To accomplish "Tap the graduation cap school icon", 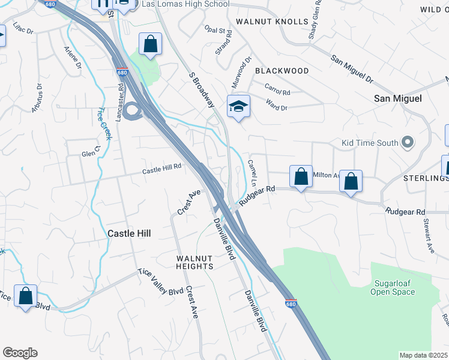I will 238,107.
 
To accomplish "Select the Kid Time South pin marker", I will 408,143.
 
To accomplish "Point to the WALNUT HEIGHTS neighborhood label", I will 194,262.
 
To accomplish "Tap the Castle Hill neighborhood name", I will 129,233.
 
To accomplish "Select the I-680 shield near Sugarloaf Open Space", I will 291,304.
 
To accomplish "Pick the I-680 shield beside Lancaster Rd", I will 122,73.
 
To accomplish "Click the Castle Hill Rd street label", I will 161,170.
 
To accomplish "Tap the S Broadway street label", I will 201,91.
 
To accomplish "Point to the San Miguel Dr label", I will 352,69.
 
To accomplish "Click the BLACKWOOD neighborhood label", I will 282,71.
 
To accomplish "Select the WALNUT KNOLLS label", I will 264,21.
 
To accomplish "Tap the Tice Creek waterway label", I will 104,124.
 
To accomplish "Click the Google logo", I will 20,353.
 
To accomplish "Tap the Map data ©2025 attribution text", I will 424,355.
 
